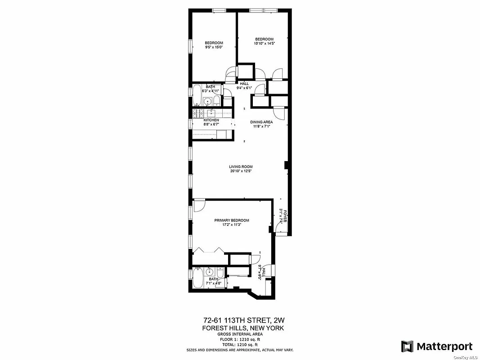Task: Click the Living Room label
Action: point(241,166)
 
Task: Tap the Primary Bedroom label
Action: point(232,220)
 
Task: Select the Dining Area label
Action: point(261,122)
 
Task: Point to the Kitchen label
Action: point(211,120)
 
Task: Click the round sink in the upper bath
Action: point(207,101)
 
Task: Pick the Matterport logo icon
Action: point(407,346)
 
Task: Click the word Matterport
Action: point(444,346)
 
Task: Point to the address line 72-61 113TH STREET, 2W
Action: point(244,320)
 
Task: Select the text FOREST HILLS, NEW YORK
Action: point(244,328)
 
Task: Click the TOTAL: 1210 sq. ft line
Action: point(244,344)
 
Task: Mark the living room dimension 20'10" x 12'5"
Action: point(241,171)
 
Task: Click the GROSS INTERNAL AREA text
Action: point(244,334)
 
